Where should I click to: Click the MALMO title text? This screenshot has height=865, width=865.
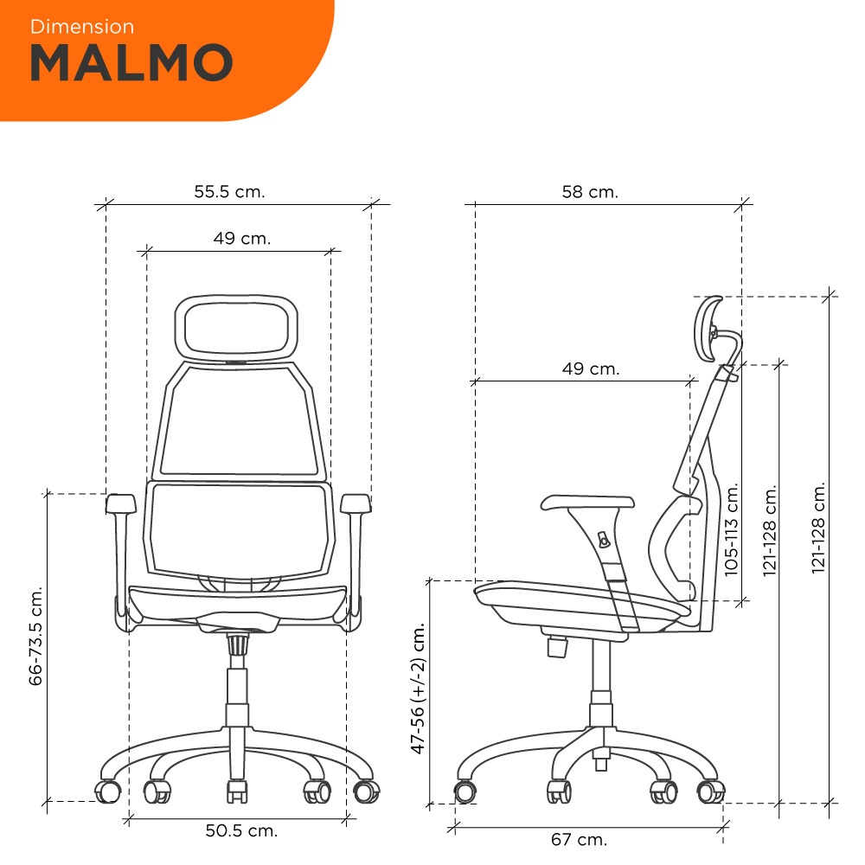click(131, 62)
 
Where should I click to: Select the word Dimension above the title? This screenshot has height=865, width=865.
click(82, 27)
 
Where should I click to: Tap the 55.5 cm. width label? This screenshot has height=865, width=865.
click(229, 191)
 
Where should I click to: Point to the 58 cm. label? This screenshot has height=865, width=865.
click(590, 191)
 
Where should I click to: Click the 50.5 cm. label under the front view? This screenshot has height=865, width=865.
click(241, 830)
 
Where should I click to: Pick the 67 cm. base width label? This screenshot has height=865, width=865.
click(579, 839)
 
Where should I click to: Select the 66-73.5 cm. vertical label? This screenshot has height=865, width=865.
click(35, 636)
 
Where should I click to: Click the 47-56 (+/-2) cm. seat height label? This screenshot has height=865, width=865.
click(418, 688)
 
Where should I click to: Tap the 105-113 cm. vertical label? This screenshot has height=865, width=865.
click(731, 529)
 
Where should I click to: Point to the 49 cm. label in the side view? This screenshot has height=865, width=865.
click(591, 368)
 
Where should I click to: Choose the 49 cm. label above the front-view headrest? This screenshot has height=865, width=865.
click(242, 238)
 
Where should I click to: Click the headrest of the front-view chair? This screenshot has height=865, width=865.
click(236, 328)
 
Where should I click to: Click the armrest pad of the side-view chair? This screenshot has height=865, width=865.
click(587, 502)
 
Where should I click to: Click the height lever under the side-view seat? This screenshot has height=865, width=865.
click(557, 646)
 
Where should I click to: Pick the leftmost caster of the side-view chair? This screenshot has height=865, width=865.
click(465, 792)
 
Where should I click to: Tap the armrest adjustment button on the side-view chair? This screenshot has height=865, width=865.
click(604, 540)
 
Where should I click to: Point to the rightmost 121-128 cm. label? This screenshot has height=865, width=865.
click(818, 528)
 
